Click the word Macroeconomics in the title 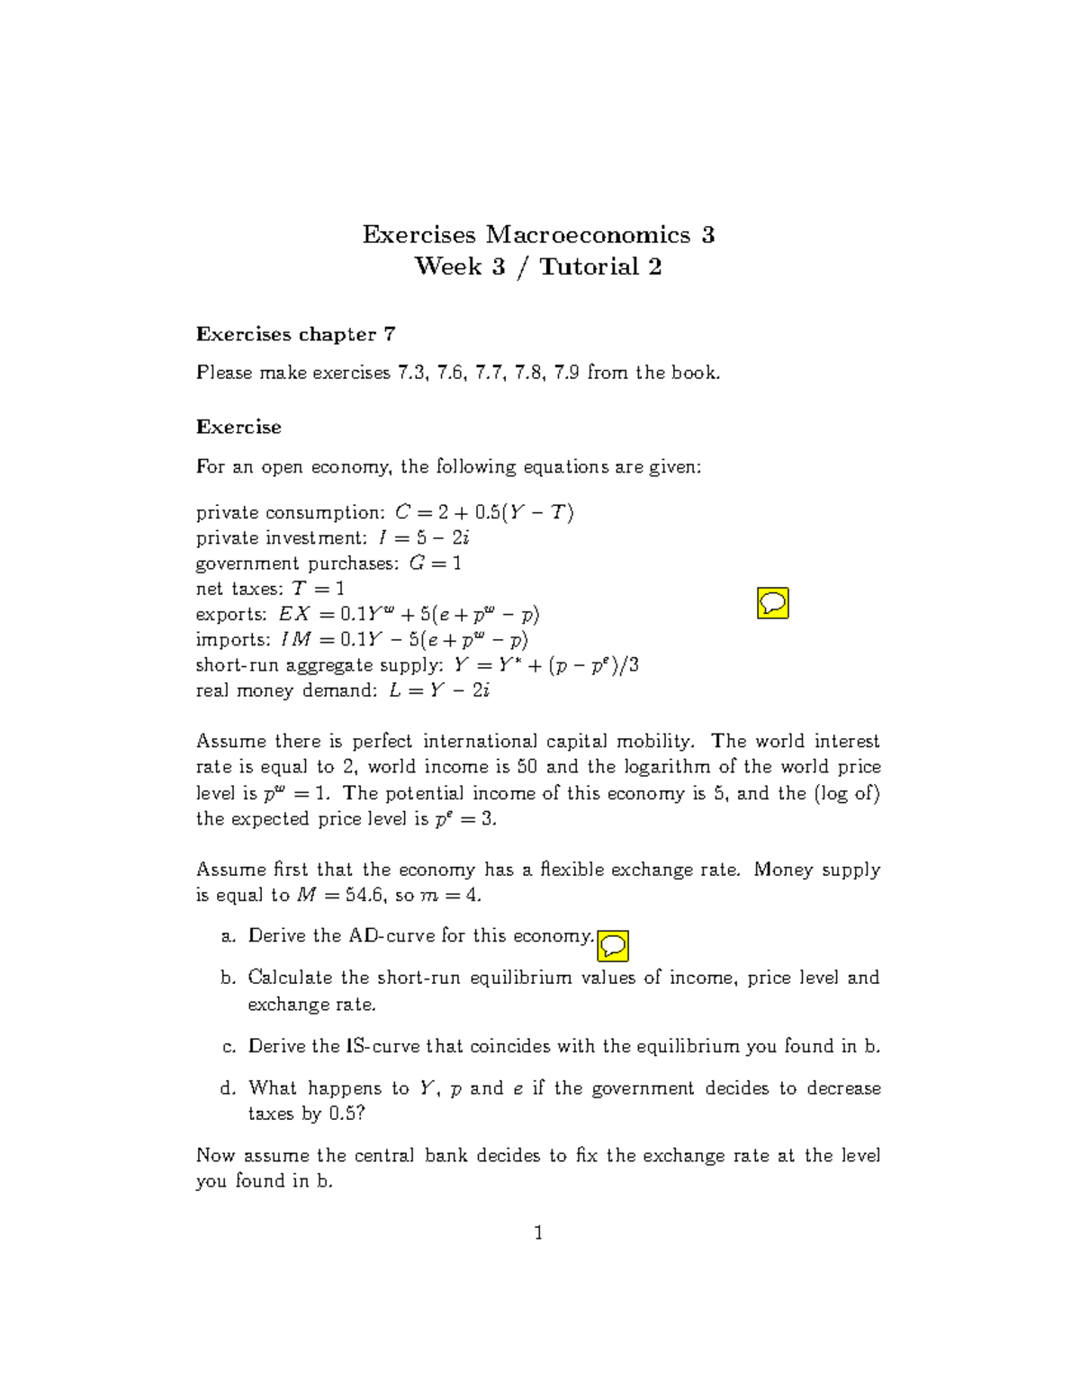[x=589, y=235]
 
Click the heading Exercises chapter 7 [x=295, y=334]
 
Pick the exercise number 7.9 [x=567, y=373]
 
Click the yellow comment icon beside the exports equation [x=773, y=602]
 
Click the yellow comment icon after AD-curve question [x=613, y=945]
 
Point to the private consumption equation [x=484, y=512]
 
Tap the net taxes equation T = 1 [x=319, y=589]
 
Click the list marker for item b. [x=228, y=978]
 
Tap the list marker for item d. [x=228, y=1088]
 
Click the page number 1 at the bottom [x=538, y=1232]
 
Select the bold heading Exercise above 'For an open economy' [x=238, y=427]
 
